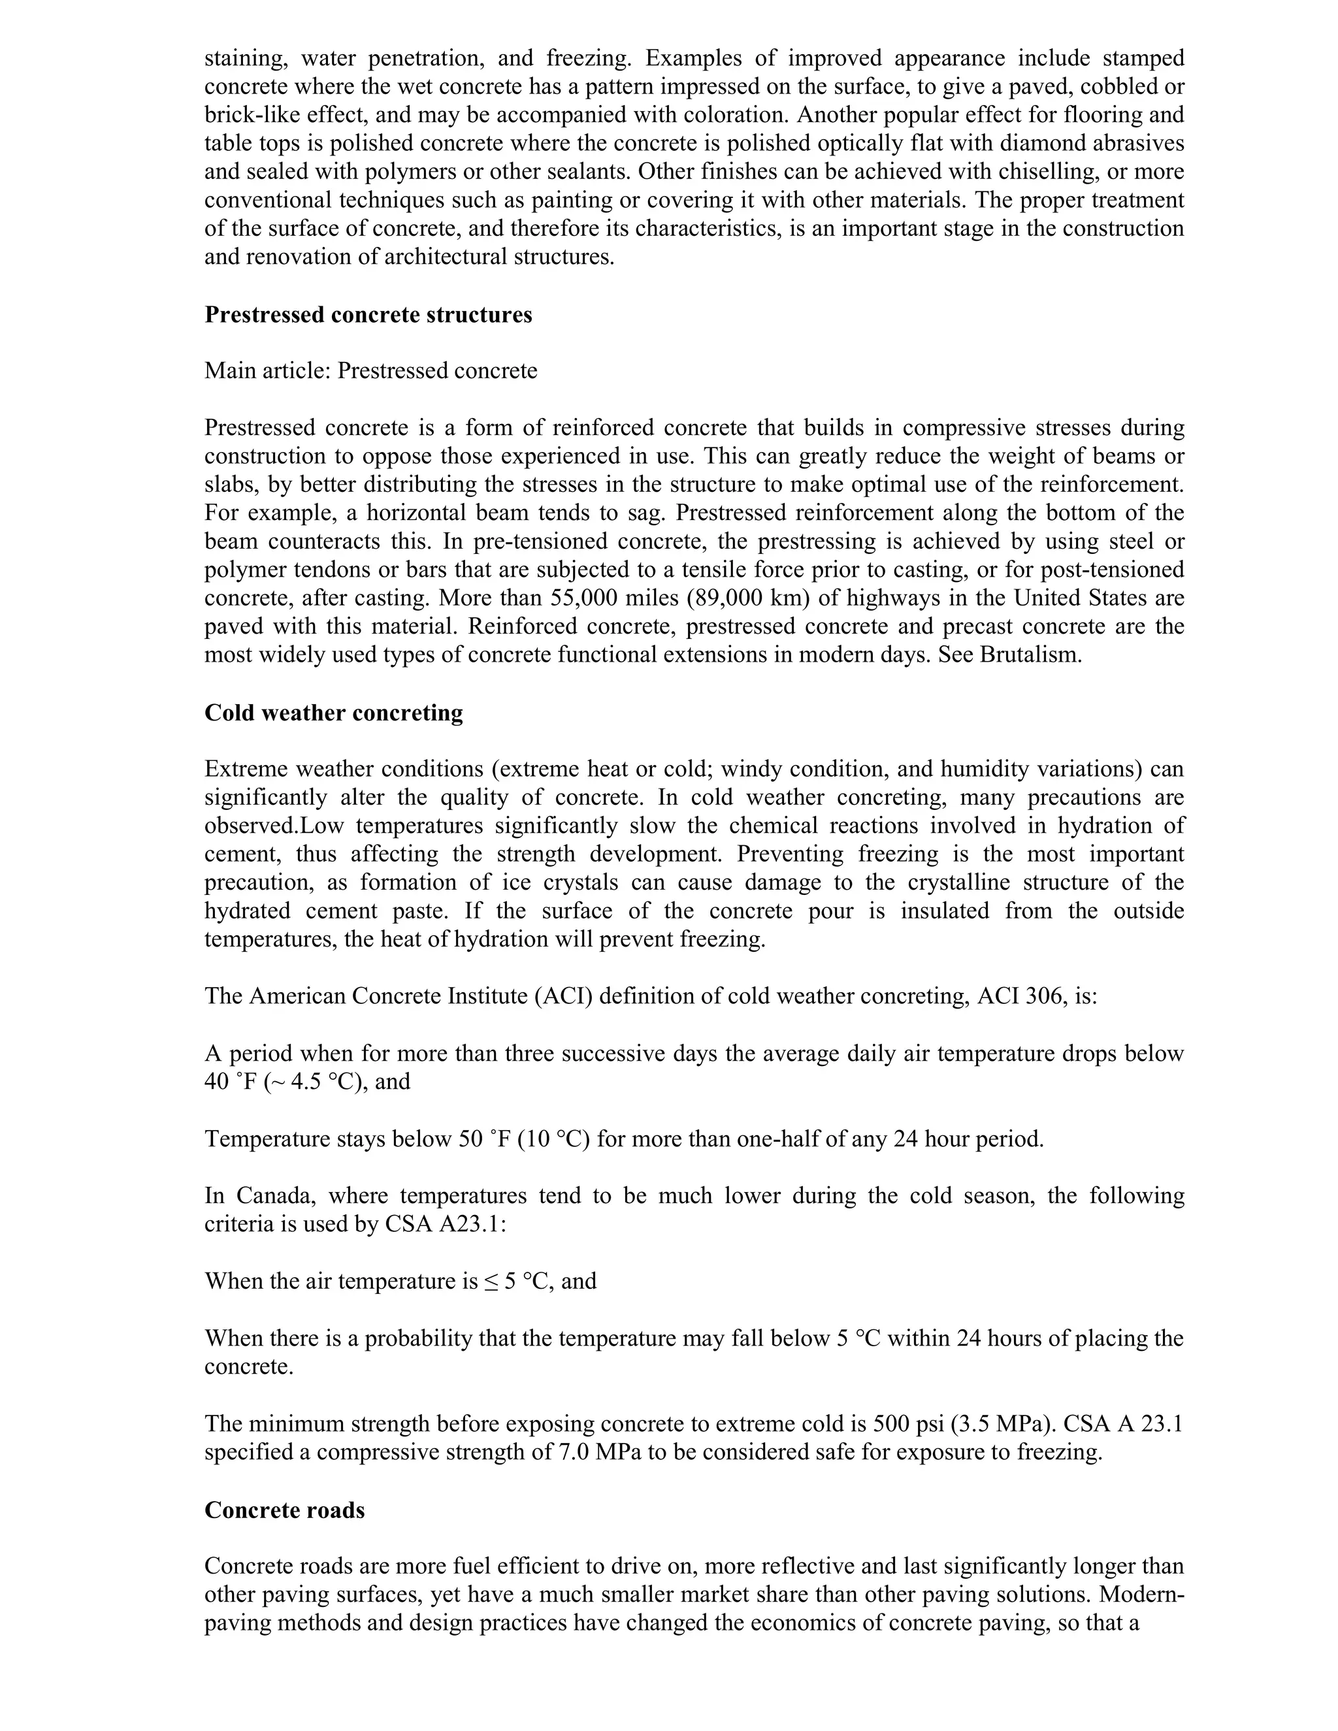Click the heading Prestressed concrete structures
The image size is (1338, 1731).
(x=368, y=315)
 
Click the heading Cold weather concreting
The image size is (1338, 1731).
(x=334, y=713)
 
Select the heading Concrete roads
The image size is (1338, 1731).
(x=285, y=1510)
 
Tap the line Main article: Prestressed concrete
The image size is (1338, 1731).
(x=370, y=371)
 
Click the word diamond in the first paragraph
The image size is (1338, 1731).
(x=1042, y=144)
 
